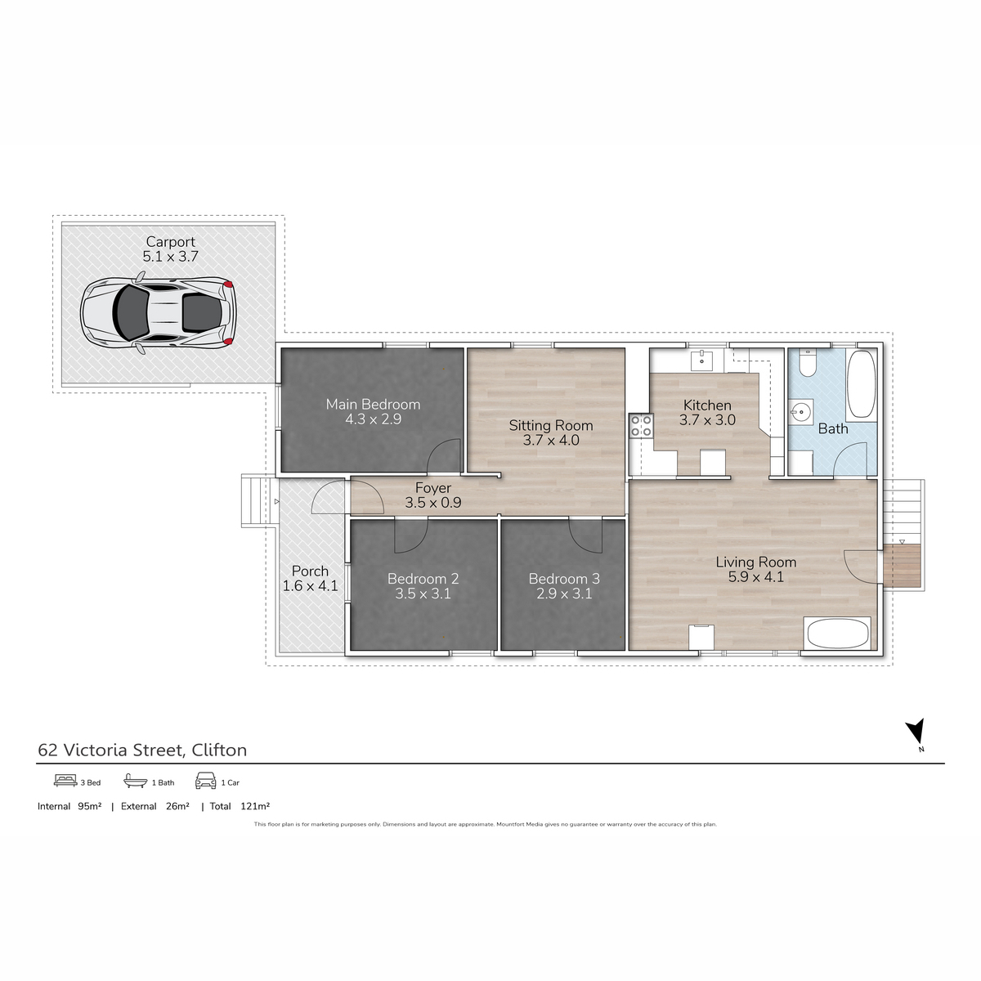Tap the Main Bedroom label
373,404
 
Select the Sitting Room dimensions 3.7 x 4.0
551,441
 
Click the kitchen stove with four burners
641,425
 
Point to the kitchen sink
702,360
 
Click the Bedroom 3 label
564,579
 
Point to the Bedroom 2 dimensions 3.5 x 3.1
423,594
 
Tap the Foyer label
432,488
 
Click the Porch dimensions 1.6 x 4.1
310,586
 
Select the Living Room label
755,562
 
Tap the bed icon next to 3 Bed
65,781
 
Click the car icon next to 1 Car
205,781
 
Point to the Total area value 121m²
255,806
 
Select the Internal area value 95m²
89,806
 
